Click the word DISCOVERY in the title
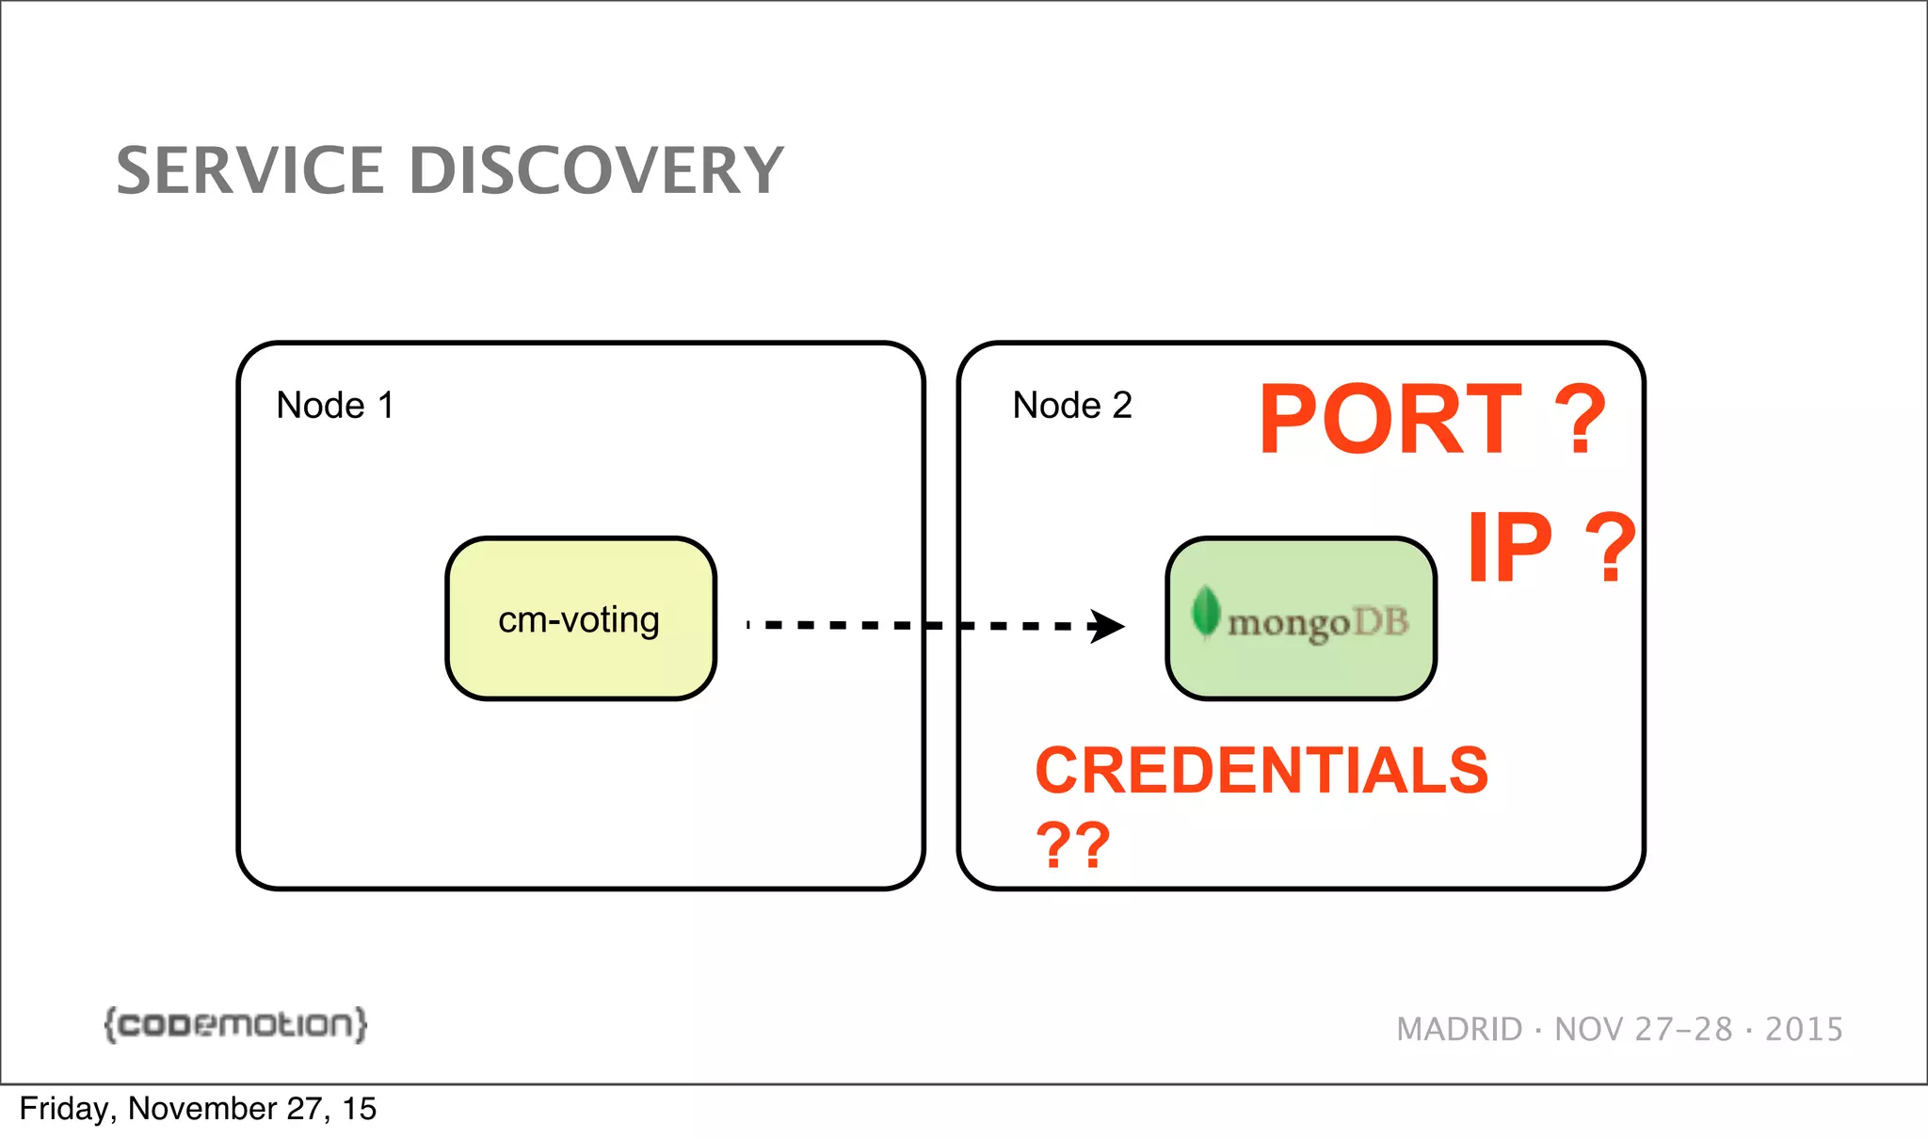[x=596, y=171]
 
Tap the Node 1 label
[x=334, y=406]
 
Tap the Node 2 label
[x=1071, y=406]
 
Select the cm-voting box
[x=580, y=619]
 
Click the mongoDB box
[x=1301, y=619]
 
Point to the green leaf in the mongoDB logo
[x=1205, y=612]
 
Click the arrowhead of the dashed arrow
[x=1108, y=626]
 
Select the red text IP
[x=1509, y=548]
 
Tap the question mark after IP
[x=1611, y=548]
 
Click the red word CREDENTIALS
[x=1261, y=771]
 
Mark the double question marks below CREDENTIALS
[x=1072, y=844]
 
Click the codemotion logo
[x=235, y=1024]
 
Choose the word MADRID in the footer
[x=1459, y=1030]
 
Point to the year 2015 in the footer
[x=1804, y=1030]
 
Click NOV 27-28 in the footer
[x=1643, y=1030]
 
